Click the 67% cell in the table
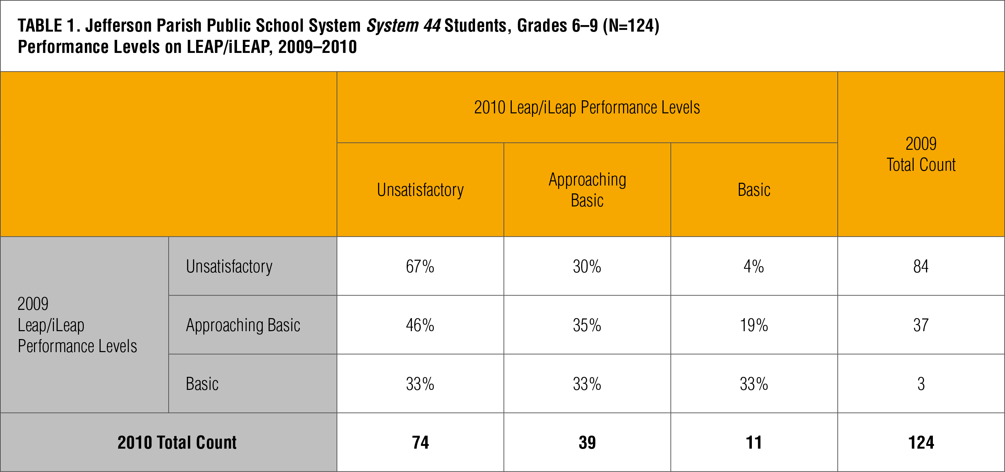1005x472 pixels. coord(420,267)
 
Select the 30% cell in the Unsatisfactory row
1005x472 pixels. coord(587,267)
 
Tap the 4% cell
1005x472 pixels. coord(753,267)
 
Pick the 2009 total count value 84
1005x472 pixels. coord(921,267)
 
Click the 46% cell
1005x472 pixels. coord(420,325)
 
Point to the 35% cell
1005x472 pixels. coord(587,325)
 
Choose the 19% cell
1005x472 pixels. coord(753,325)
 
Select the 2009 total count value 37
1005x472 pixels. coord(921,325)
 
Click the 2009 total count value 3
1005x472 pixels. coord(921,384)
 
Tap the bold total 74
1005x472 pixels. coord(420,442)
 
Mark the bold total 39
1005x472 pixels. coord(587,442)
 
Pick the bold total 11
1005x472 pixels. coord(753,442)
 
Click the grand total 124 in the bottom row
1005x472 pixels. coord(921,442)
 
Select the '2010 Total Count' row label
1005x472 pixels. coord(177,442)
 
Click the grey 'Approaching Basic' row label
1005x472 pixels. coord(243,325)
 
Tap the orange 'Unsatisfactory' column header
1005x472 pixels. coord(420,190)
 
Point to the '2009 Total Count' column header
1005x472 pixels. coord(921,154)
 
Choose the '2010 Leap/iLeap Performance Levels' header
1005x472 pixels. coord(587,107)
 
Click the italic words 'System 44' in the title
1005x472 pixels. coord(403,26)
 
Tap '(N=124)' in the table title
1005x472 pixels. coord(631,26)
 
